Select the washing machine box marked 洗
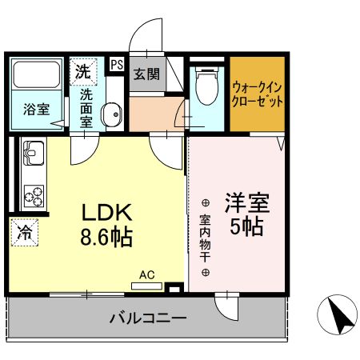click(82, 71)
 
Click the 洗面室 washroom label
click(86, 107)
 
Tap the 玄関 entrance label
click(146, 74)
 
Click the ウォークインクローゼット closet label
click(257, 95)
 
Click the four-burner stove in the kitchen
click(34, 194)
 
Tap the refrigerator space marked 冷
click(26, 233)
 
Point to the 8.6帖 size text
click(106, 238)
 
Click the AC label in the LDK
click(146, 274)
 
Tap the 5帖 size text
click(246, 226)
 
